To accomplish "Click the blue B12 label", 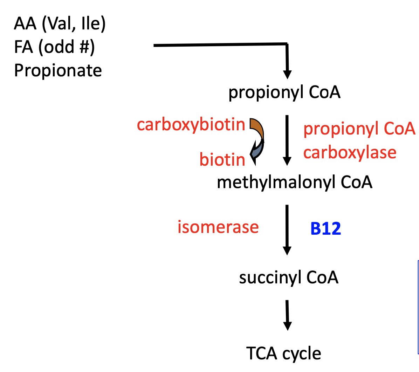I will pos(325,228).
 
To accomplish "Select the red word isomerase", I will pos(218,227).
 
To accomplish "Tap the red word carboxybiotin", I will pos(191,125).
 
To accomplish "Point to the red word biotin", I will pos(222,160).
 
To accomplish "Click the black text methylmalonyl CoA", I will pos(294,182).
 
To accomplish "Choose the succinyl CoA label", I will pos(289,278).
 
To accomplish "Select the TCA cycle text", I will pos(283,353).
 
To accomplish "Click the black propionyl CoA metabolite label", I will pos(284,92).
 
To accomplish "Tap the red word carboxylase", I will pos(350,153).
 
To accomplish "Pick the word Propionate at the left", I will pos(58,70).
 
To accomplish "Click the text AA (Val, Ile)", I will pos(60,24).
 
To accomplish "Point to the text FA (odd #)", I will pos(54,47).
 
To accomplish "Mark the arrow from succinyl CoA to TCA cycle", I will pos(287,315).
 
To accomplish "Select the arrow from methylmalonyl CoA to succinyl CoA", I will pos(287,229).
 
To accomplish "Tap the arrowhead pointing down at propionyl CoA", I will pos(287,74).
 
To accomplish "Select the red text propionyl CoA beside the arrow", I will pos(359,129).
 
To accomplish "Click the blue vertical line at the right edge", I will pos(418,306).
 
